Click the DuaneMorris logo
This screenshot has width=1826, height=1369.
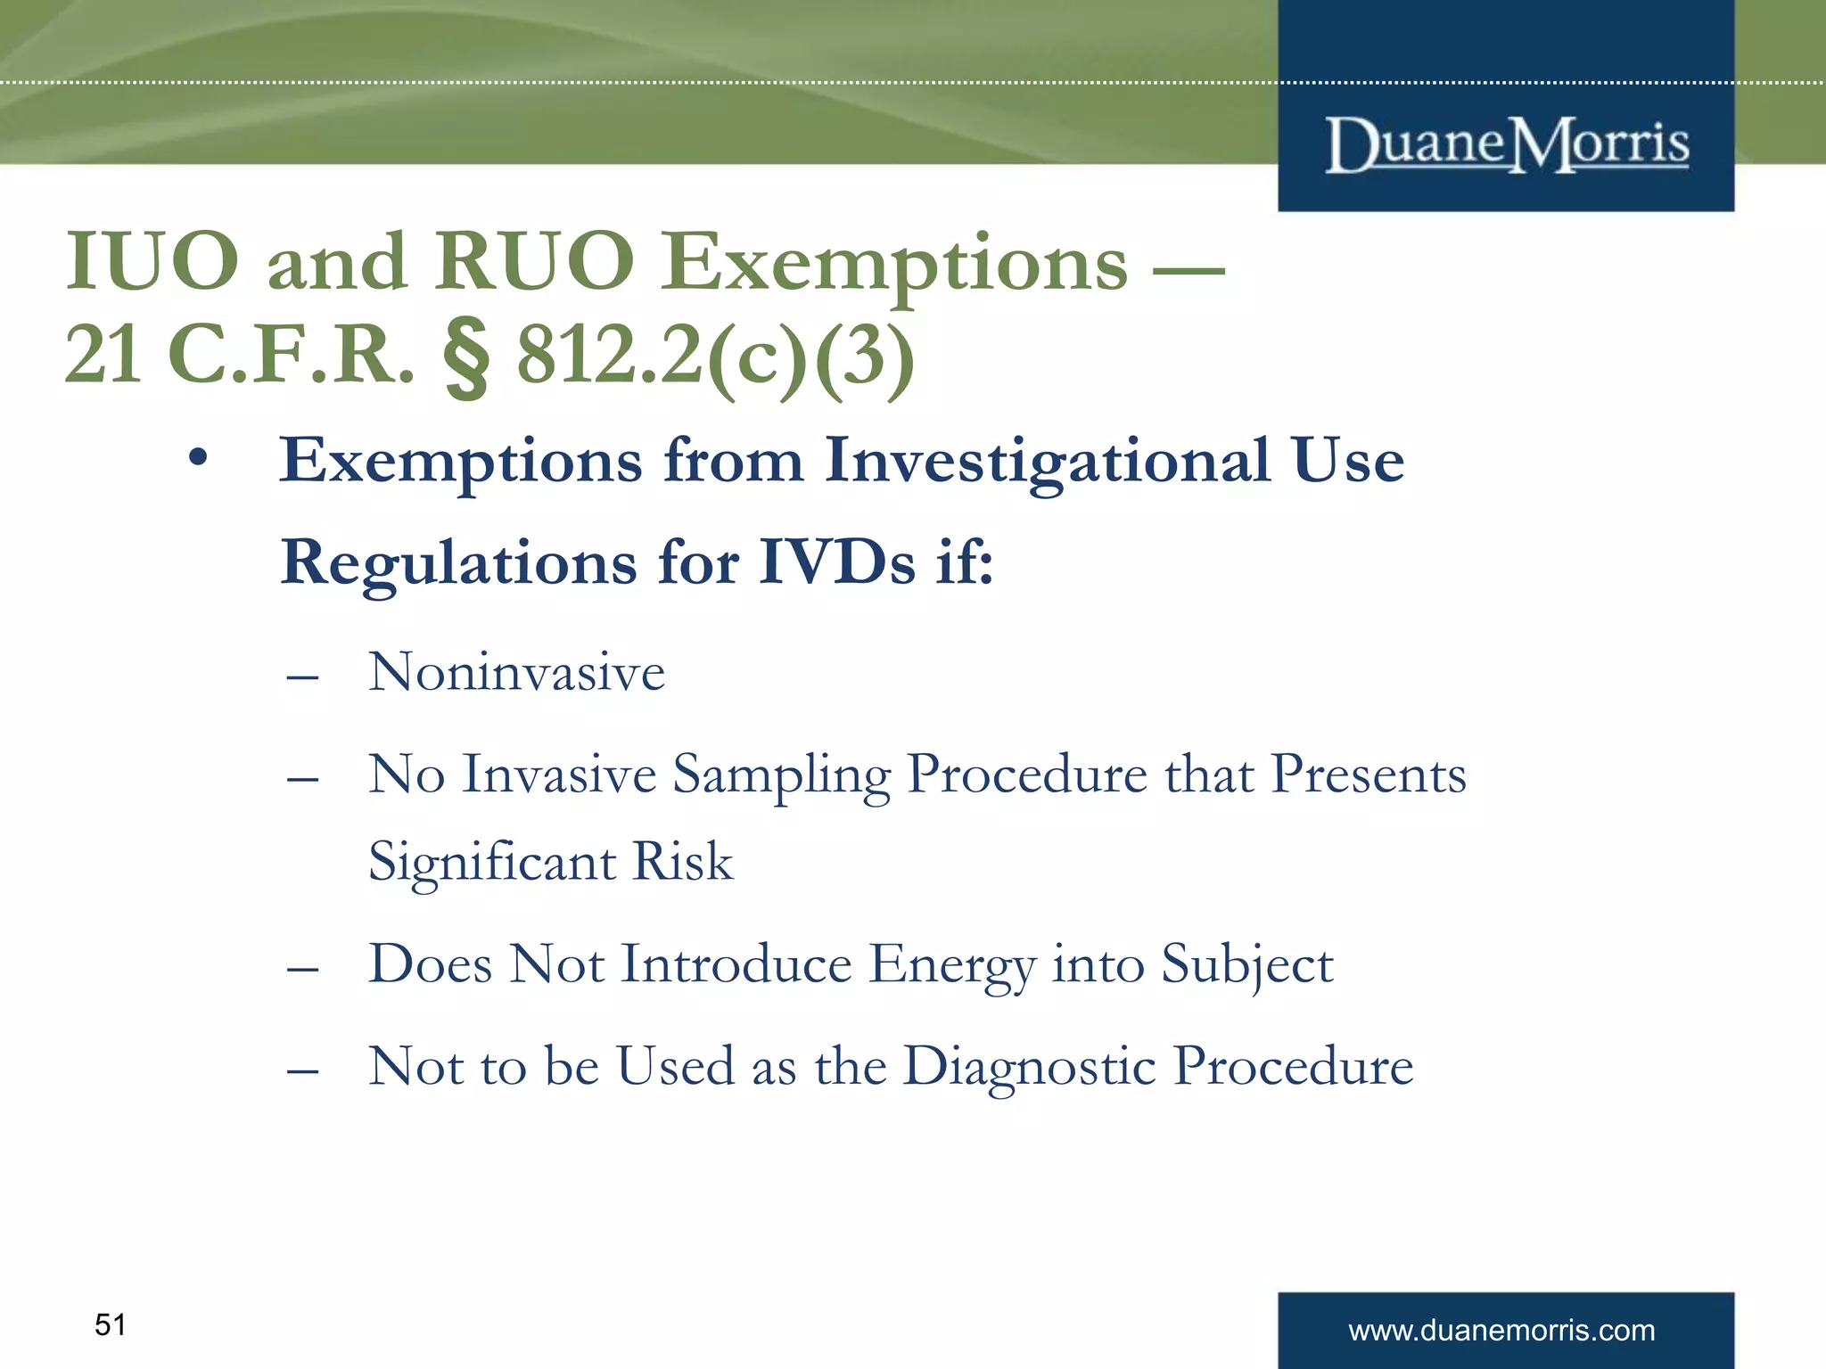(1506, 144)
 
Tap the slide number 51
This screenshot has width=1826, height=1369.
(110, 1324)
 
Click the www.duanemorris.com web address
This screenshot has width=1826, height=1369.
(1501, 1330)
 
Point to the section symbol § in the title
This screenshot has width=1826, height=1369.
(466, 357)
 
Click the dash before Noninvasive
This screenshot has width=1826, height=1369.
(302, 677)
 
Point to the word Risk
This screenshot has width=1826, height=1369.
(682, 861)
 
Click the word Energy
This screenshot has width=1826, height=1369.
(952, 965)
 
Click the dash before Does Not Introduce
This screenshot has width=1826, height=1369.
(302, 970)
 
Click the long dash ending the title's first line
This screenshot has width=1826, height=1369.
(1189, 266)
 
